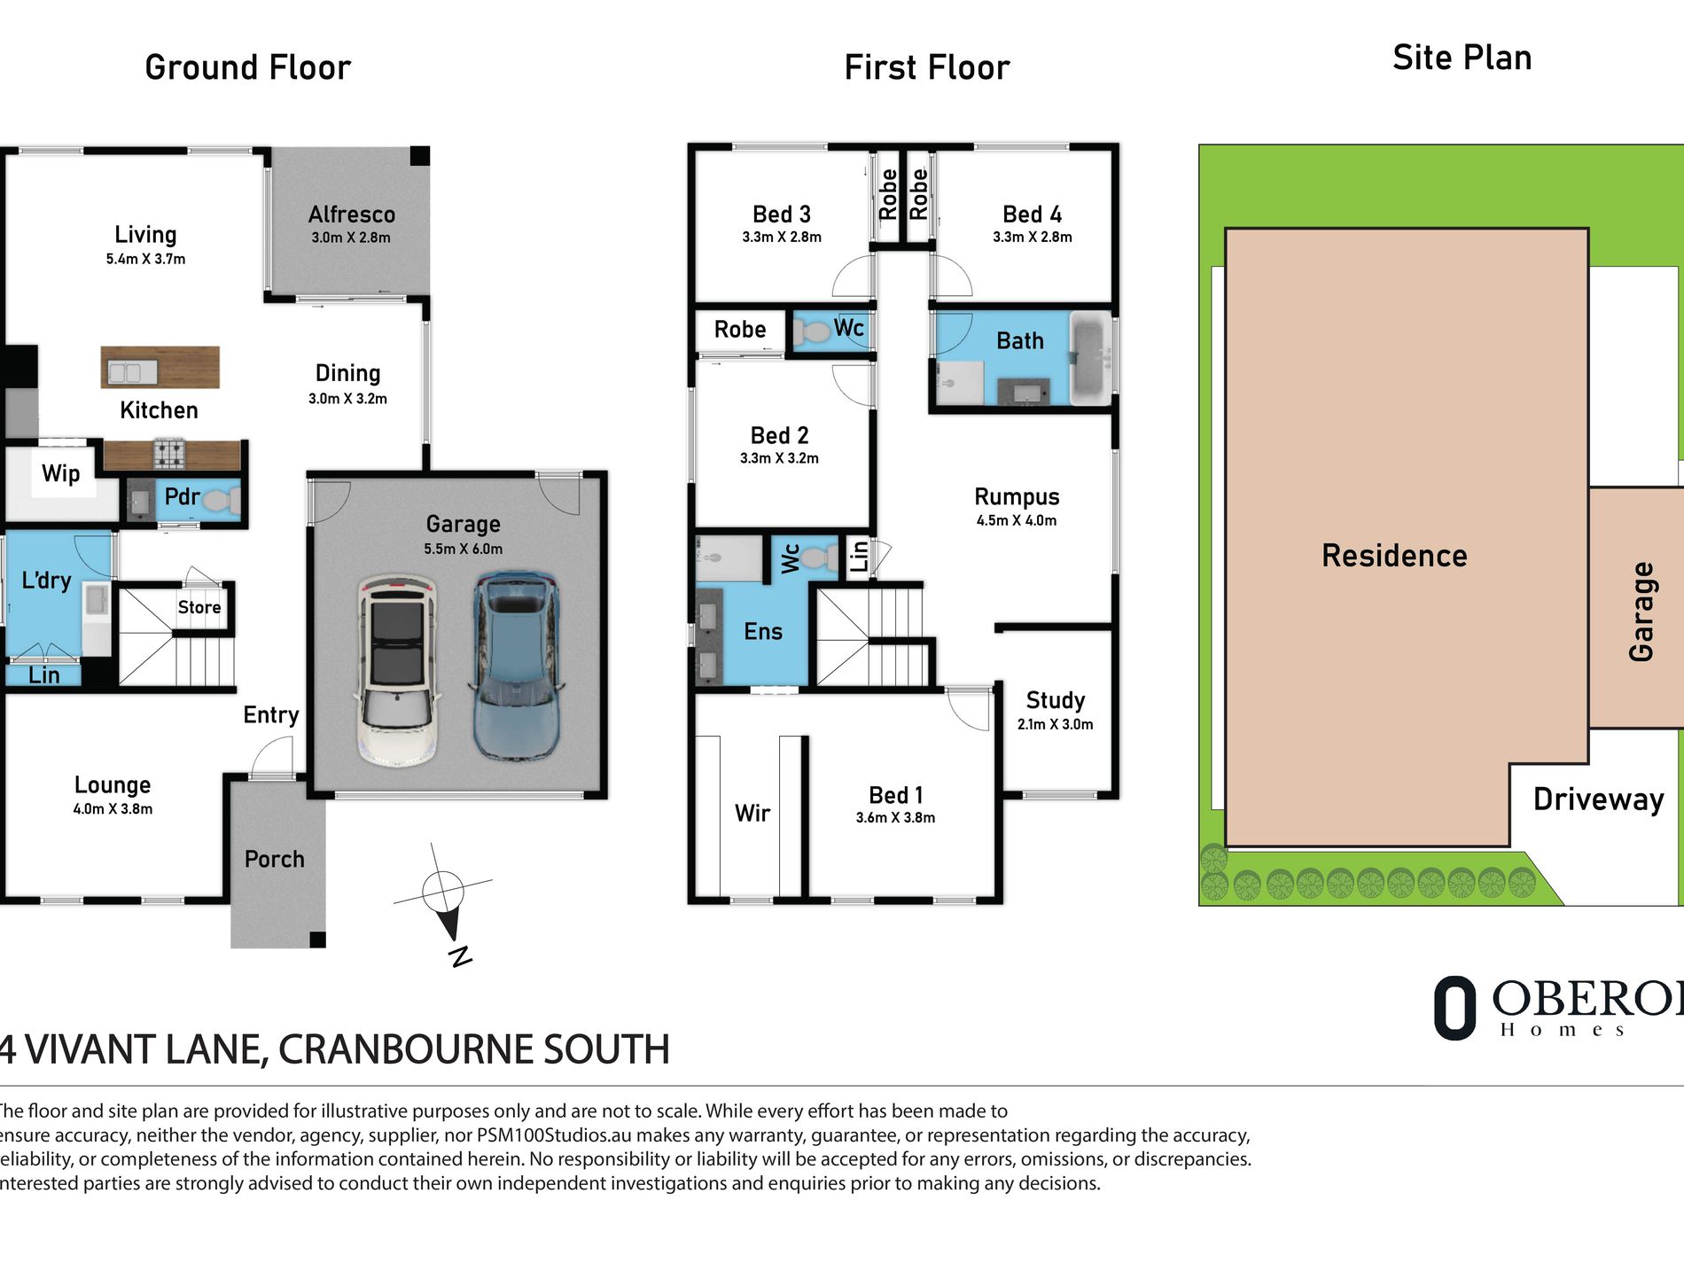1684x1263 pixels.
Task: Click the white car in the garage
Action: click(398, 670)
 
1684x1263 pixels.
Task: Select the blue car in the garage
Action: click(517, 667)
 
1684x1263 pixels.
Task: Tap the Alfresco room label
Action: click(352, 214)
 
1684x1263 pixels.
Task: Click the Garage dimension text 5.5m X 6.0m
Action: click(463, 549)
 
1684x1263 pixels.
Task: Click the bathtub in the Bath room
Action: click(1092, 359)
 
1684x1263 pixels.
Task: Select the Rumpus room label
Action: click(1017, 497)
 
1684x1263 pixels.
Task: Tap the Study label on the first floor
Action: click(1056, 700)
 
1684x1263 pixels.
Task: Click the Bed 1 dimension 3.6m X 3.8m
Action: click(895, 817)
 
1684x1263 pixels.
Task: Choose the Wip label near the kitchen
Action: click(60, 473)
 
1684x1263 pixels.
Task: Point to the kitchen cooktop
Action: click(170, 454)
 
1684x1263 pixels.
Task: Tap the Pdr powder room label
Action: click(182, 496)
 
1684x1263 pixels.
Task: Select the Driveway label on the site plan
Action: click(1599, 799)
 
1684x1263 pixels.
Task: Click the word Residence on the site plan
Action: click(1394, 556)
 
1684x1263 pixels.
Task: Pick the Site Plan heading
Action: click(1462, 58)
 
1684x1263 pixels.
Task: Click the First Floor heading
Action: click(927, 67)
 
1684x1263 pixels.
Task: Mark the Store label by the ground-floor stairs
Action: click(199, 607)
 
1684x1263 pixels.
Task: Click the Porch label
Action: click(275, 859)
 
